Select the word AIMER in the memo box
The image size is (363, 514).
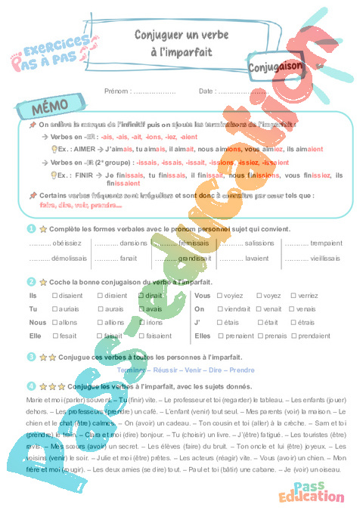(84, 150)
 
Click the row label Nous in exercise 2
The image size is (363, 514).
(37, 322)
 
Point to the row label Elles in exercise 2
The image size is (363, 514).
(203, 335)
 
